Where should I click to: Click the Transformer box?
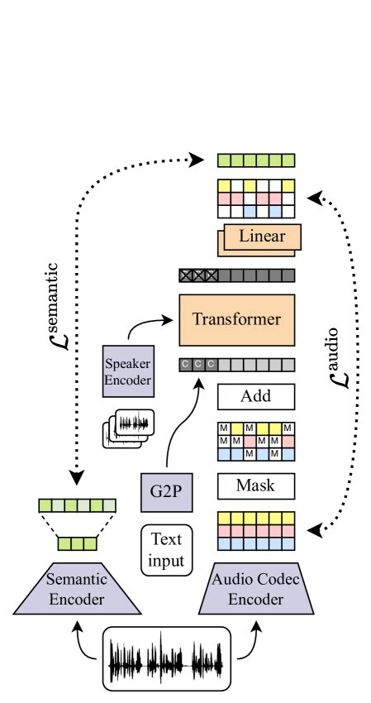click(x=236, y=319)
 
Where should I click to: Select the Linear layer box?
click(x=261, y=237)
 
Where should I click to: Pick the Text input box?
click(x=166, y=550)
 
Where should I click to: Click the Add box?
click(x=255, y=396)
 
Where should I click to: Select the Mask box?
click(x=255, y=485)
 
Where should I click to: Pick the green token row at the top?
click(x=255, y=160)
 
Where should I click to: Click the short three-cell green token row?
click(x=77, y=543)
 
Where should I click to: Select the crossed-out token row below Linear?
click(x=236, y=275)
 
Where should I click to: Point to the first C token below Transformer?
click(x=186, y=364)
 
